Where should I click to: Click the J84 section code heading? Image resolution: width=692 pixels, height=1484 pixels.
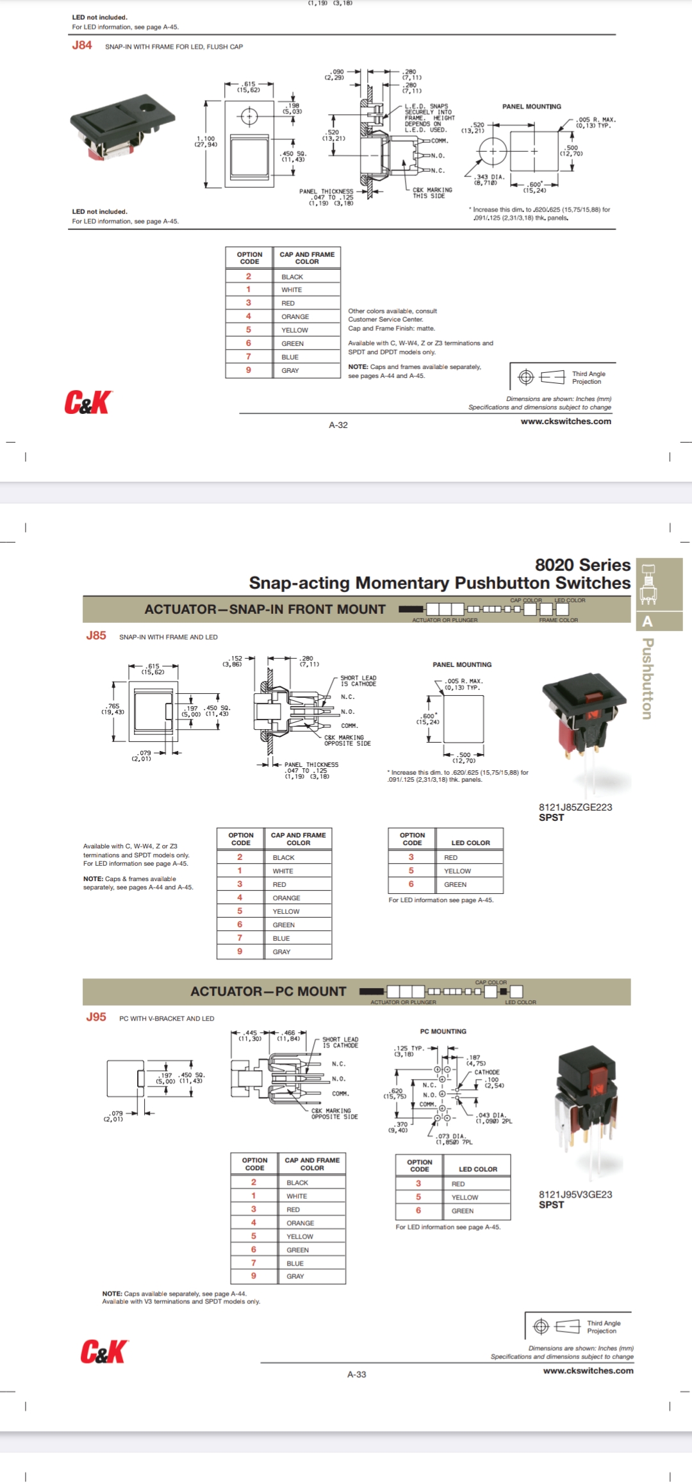82,45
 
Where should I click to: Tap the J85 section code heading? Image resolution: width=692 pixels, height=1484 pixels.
96,636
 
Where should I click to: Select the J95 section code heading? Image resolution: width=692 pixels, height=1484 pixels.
96,1017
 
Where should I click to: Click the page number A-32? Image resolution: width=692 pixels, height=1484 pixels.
338,425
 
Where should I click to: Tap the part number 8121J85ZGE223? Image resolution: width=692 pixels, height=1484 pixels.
575,807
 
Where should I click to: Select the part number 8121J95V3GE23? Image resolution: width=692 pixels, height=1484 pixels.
575,1194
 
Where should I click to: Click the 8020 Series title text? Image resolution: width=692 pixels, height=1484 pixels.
582,565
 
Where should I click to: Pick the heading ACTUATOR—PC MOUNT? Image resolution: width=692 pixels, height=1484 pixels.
268,991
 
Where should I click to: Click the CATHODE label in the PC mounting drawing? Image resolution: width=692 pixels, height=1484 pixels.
487,1072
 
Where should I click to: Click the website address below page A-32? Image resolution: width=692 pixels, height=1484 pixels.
566,422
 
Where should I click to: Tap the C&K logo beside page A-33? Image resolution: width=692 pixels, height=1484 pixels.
104,1351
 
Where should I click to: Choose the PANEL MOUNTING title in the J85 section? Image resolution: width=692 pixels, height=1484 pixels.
462,664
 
